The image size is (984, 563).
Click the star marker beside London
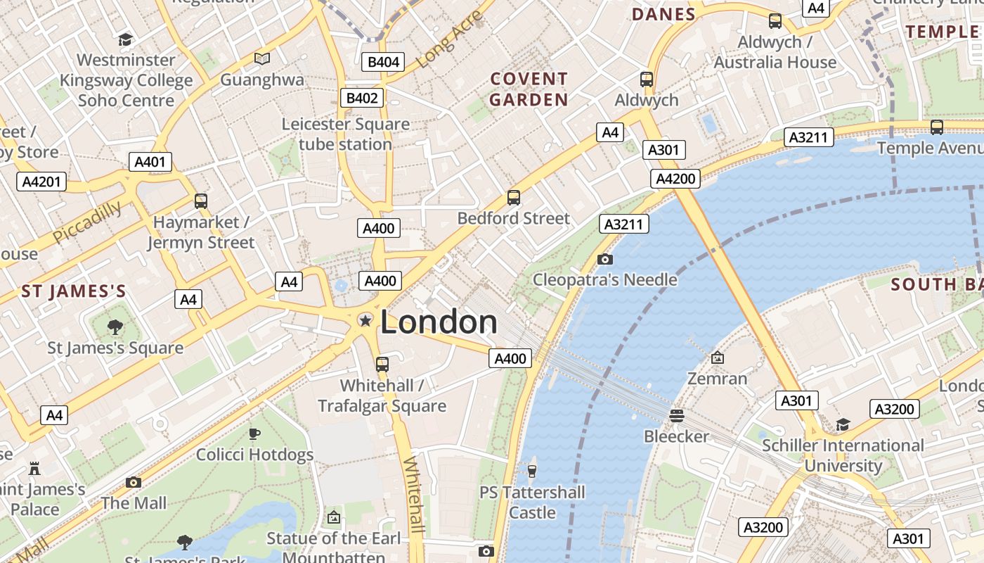[365, 321]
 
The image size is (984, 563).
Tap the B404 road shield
[384, 62]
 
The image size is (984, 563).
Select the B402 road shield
[362, 98]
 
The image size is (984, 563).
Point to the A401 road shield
[150, 162]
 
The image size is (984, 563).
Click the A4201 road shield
[41, 182]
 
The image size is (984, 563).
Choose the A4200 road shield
[675, 179]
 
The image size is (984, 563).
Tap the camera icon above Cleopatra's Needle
[604, 259]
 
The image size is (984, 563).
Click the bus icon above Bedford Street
[514, 198]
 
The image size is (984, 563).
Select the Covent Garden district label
[529, 89]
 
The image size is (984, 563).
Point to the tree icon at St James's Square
[115, 327]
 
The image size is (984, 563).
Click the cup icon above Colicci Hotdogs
[254, 434]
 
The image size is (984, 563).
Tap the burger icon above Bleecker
[677, 416]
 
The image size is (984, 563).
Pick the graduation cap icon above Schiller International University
[843, 424]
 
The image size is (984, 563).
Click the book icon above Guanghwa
[262, 58]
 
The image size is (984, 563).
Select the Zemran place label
[717, 379]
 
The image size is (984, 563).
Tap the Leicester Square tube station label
[346, 134]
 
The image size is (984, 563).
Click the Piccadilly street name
[87, 222]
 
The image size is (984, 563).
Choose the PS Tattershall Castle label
[533, 502]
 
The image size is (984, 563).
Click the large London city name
[439, 322]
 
